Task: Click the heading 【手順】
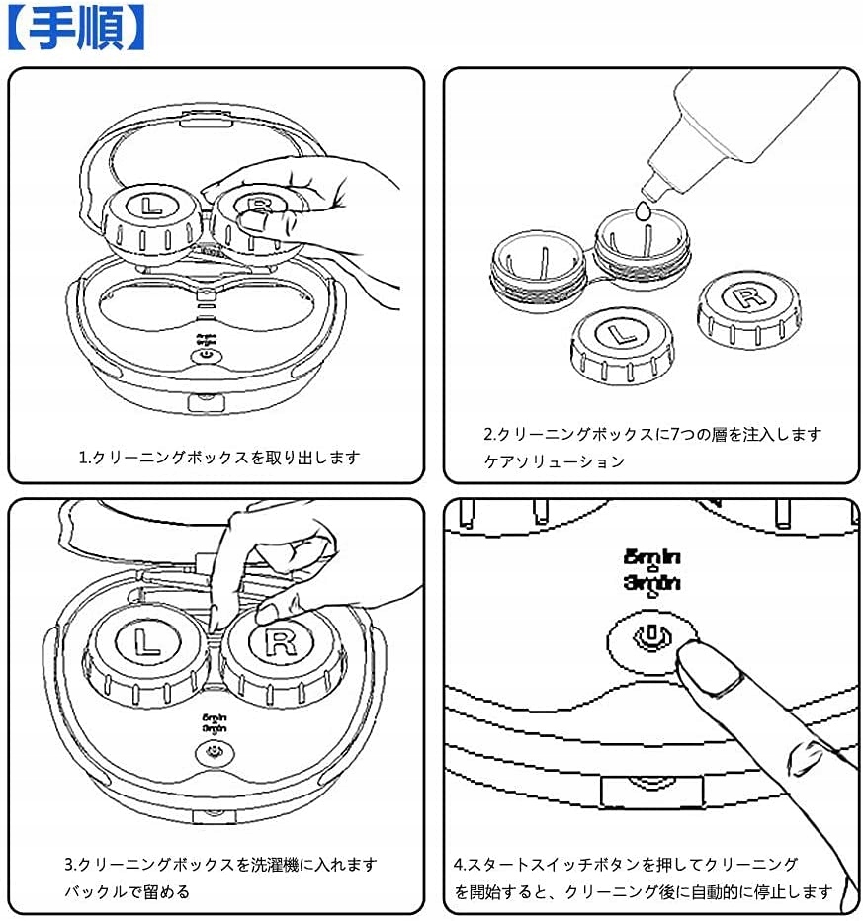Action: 76,29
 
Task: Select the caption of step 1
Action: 219,458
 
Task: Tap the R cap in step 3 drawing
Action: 280,646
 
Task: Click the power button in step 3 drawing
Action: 212,752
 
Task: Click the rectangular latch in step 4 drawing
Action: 651,790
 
